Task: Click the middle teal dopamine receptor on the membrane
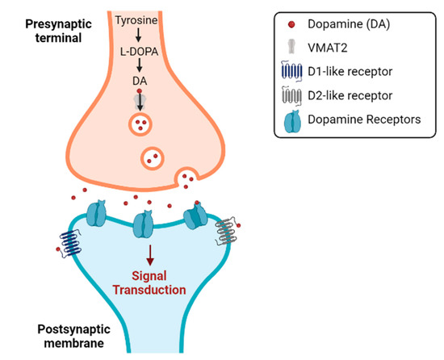click(x=143, y=225)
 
